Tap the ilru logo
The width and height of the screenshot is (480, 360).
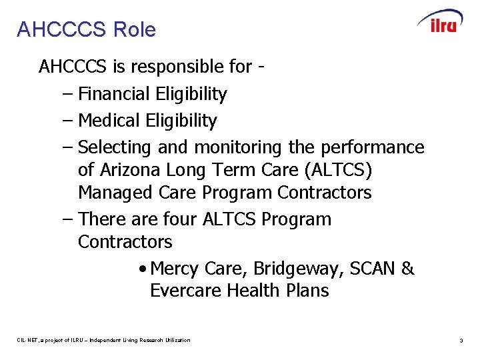click(439, 22)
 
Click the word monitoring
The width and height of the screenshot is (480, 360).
click(240, 147)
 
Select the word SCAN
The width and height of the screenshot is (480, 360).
click(371, 269)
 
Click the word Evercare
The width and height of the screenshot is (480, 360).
click(185, 291)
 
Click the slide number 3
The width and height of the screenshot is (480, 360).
click(461, 341)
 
